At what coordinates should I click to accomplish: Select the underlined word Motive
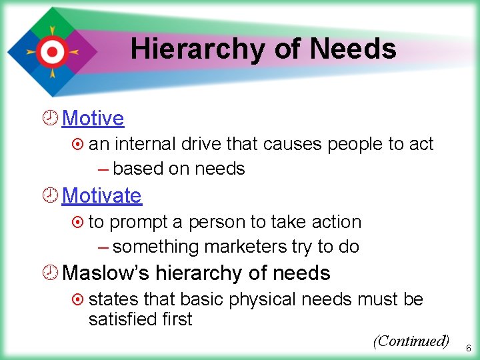point(93,119)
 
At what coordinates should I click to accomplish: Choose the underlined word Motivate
point(101,196)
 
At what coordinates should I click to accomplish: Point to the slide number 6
point(468,348)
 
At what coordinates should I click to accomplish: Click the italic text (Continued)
point(411,341)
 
